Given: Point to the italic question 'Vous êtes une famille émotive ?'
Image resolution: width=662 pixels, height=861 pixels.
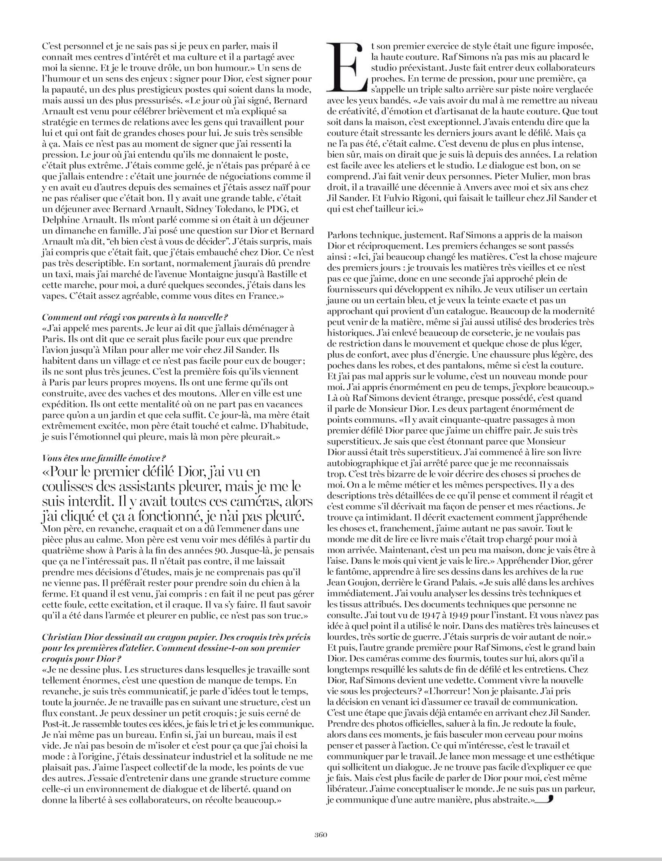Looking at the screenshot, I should pyautogui.click(x=103, y=458).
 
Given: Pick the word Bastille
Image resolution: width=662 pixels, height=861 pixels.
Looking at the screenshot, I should pyautogui.click(x=285, y=274).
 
